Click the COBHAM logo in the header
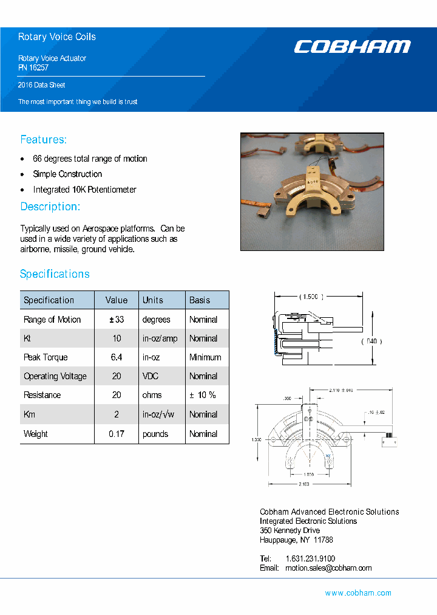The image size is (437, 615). tap(352, 47)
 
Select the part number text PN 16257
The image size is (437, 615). tap(33, 68)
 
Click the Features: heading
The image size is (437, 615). tap(44, 140)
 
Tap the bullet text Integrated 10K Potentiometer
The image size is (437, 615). tap(84, 190)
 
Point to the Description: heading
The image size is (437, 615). tap(50, 207)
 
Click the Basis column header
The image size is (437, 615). tap(200, 300)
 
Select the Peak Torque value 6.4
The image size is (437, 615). tap(117, 357)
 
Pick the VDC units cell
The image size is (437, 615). tap(151, 376)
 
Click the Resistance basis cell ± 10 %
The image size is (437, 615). tap(202, 395)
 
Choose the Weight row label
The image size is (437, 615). tap(35, 434)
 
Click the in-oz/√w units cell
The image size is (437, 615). tap(158, 414)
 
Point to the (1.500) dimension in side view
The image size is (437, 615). tap(311, 297)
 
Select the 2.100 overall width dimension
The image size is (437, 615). tap(303, 484)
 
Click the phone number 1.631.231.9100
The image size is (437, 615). tap(310, 558)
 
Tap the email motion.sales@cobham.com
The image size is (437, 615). tap(328, 568)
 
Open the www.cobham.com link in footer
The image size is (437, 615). tap(358, 593)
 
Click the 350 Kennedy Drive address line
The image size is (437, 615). tap(290, 531)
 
